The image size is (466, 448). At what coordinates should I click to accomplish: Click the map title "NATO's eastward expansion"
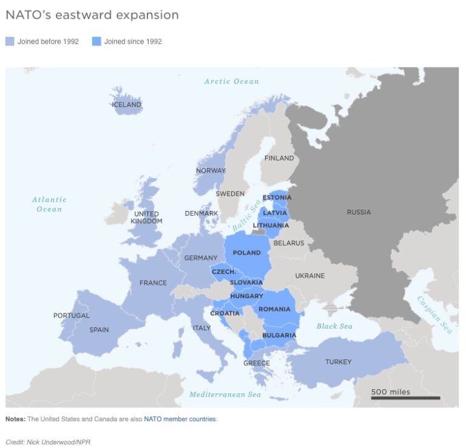(x=92, y=15)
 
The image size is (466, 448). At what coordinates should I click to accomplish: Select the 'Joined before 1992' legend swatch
(x=10, y=42)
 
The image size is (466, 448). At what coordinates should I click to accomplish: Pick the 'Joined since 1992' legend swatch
(x=96, y=42)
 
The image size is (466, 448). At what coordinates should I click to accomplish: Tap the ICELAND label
(x=126, y=105)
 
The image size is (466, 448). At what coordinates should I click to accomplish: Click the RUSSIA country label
(x=359, y=212)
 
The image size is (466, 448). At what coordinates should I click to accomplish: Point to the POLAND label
(x=247, y=253)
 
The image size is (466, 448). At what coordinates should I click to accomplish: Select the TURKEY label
(x=338, y=362)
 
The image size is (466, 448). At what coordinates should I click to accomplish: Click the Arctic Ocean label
(x=231, y=81)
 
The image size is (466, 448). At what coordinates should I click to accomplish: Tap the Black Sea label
(x=334, y=326)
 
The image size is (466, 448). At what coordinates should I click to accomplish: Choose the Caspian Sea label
(x=434, y=314)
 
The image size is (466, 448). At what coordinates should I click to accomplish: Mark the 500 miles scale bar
(x=405, y=398)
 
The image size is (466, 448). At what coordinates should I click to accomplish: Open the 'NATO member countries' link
(x=180, y=419)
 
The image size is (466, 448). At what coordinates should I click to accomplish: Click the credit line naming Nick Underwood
(x=48, y=442)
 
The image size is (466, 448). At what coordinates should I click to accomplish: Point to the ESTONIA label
(x=277, y=198)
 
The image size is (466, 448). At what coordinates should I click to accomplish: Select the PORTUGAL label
(x=71, y=315)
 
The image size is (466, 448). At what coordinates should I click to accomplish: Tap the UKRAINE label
(x=309, y=276)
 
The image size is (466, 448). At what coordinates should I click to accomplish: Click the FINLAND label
(x=279, y=158)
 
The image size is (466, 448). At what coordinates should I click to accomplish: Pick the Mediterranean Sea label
(x=225, y=395)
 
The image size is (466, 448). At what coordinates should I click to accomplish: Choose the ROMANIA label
(x=274, y=309)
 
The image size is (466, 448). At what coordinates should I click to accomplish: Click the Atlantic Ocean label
(x=49, y=204)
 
